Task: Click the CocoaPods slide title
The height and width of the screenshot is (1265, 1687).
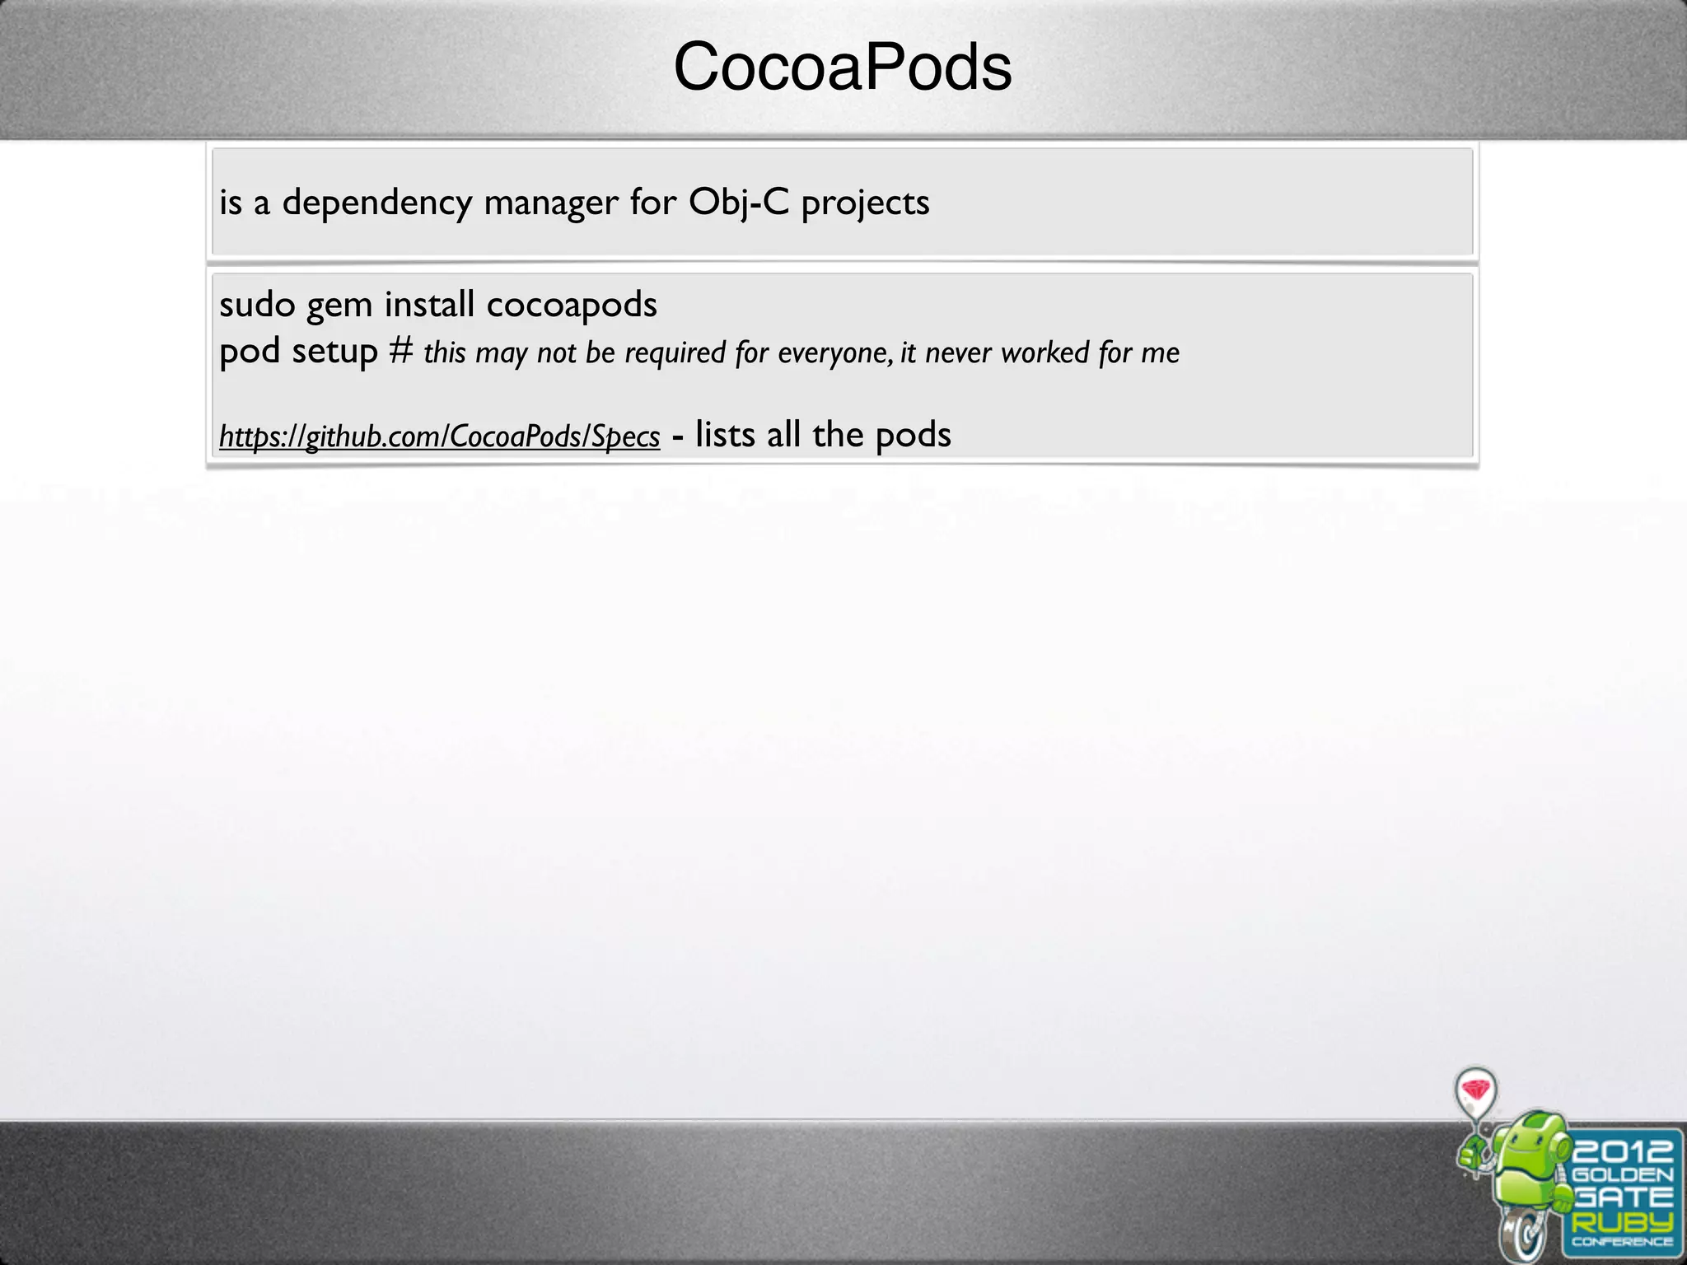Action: tap(842, 68)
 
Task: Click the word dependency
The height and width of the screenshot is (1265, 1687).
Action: tap(377, 203)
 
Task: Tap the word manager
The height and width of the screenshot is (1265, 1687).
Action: tap(550, 203)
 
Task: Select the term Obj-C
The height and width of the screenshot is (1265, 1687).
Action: tap(739, 203)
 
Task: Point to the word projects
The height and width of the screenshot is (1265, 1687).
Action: tap(865, 203)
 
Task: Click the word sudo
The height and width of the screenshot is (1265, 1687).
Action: tap(257, 306)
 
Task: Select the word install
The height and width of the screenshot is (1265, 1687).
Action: tap(429, 305)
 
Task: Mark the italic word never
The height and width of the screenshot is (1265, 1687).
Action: tap(958, 353)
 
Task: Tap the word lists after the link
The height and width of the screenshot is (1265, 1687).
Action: tap(725, 435)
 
